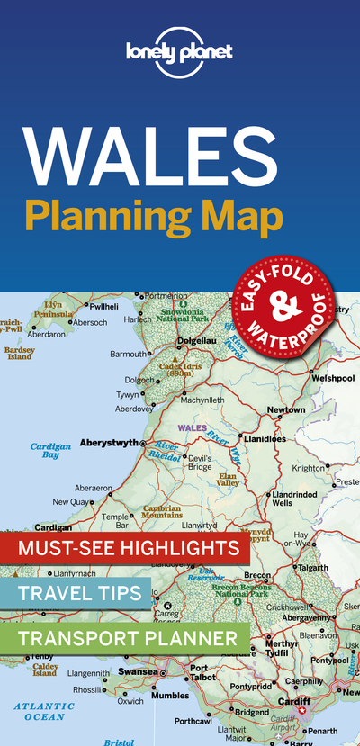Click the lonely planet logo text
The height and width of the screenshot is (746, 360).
coord(179,51)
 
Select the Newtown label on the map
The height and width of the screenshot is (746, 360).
coord(286,410)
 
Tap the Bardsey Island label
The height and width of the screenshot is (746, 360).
coord(18,353)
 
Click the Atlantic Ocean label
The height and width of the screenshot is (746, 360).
coord(45,711)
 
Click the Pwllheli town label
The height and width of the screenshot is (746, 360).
coord(104,307)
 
